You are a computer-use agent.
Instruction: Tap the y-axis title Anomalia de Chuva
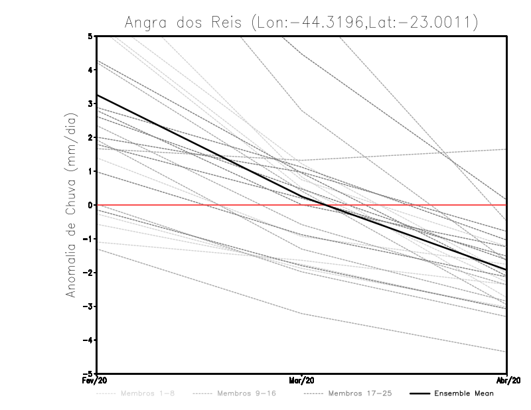tap(72, 204)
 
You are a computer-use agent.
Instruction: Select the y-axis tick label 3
tap(90, 103)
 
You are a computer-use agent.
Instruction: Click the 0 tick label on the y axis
tap(90, 205)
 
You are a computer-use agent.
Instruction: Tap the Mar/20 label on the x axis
tap(301, 381)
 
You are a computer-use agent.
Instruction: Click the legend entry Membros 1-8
tap(138, 393)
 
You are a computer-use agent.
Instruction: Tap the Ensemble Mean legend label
tap(463, 393)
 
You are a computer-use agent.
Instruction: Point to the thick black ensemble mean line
tap(199, 146)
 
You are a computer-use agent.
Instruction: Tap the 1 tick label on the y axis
tap(90, 171)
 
